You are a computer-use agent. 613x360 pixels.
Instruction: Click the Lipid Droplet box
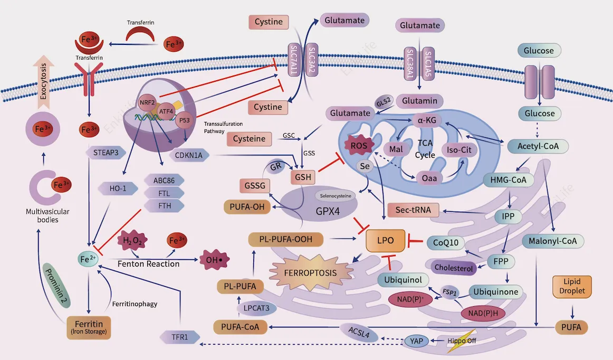(571, 286)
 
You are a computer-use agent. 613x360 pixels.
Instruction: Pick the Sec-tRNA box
(413, 210)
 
